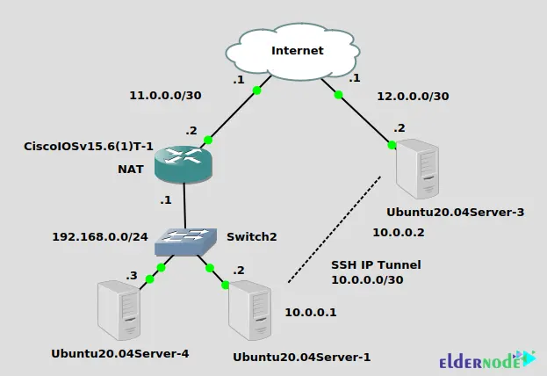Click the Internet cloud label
click(297, 50)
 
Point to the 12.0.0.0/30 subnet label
click(412, 96)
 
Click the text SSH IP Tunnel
click(376, 264)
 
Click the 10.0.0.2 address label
click(399, 233)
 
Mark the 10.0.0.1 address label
click(311, 312)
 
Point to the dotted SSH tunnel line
click(335, 229)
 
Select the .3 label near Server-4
click(132, 275)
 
